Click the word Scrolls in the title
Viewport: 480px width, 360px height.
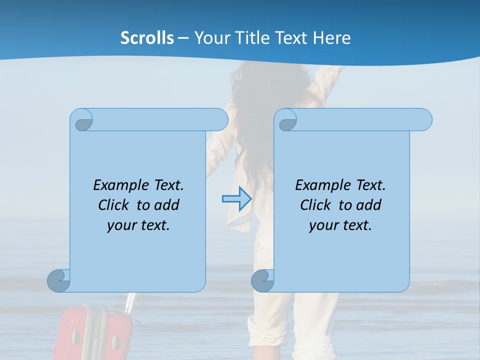(x=147, y=38)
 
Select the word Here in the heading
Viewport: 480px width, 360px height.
(x=331, y=38)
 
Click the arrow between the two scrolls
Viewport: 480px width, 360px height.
(x=236, y=199)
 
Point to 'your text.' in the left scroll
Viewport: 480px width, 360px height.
(x=138, y=225)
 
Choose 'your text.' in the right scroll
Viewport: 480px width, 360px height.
(x=340, y=225)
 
